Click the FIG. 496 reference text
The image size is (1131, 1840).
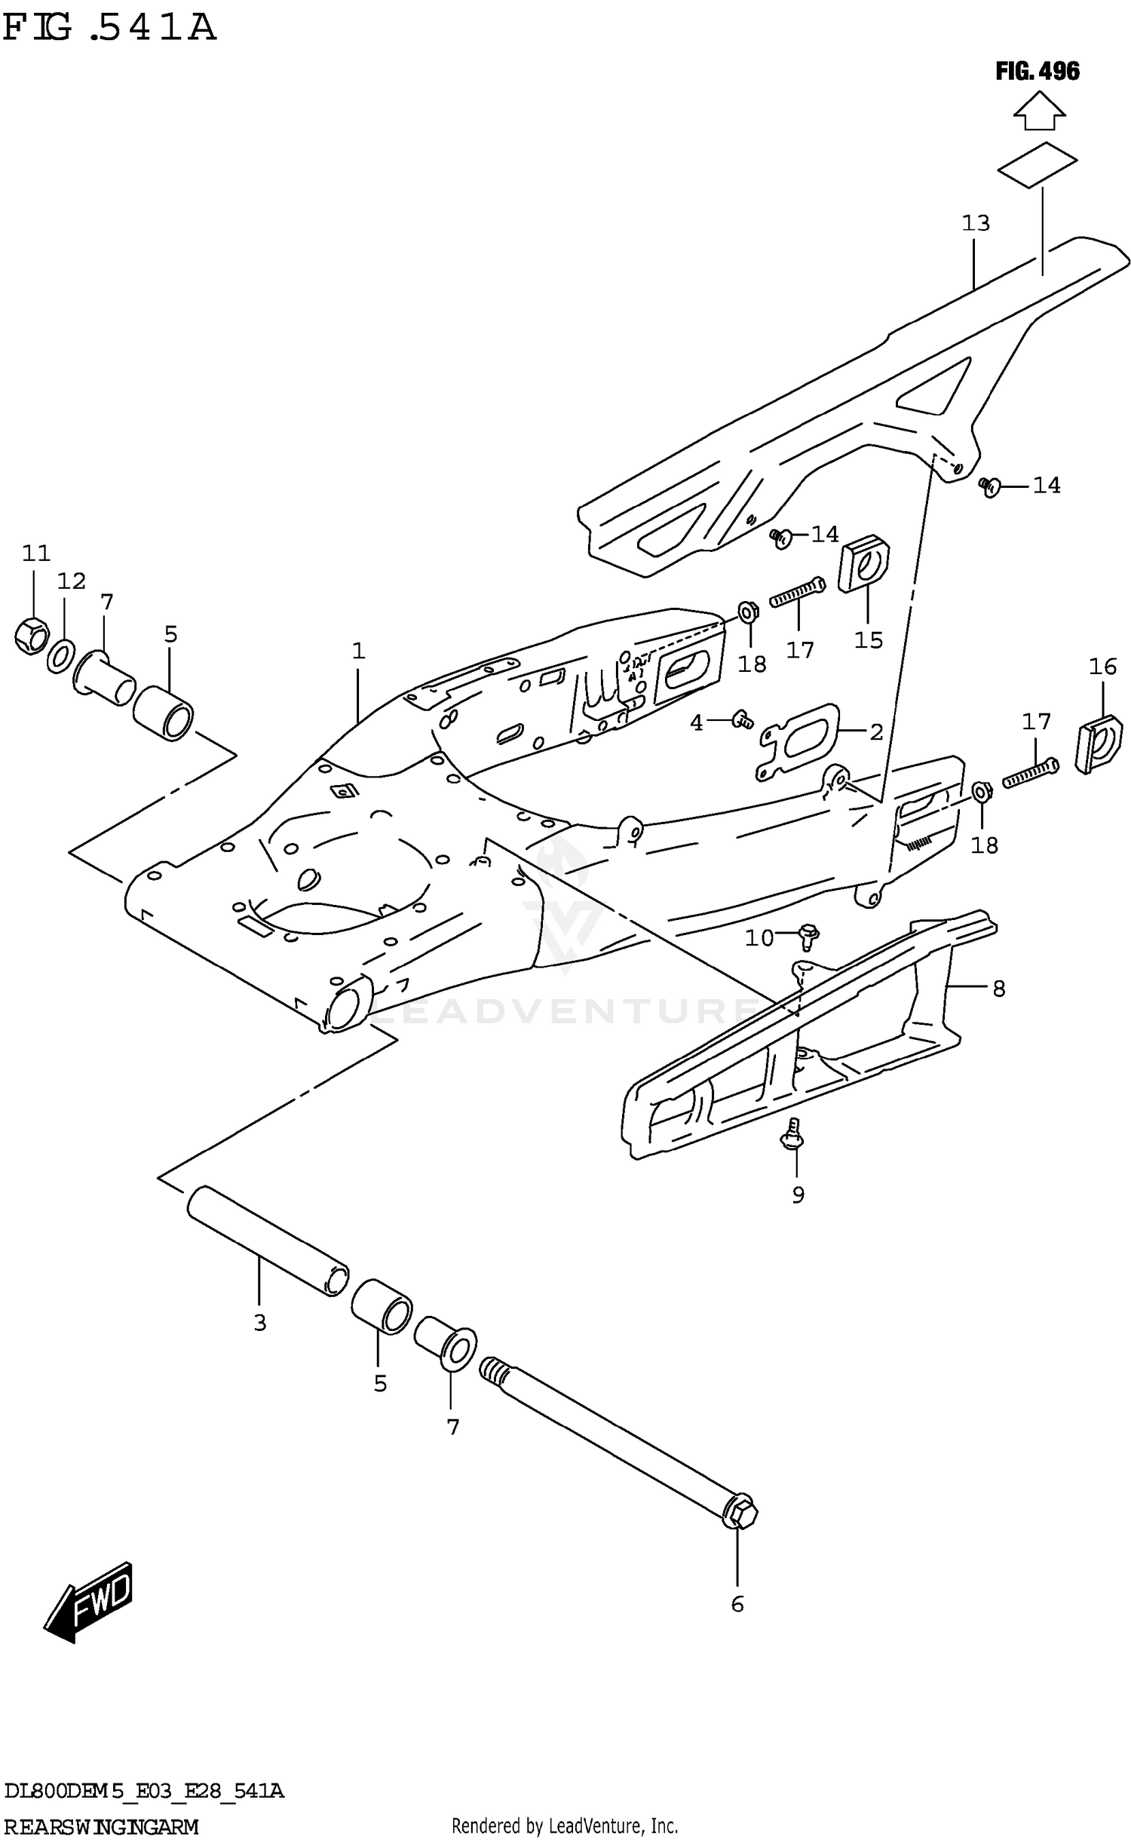pyautogui.click(x=1037, y=72)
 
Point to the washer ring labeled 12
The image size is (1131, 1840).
pyautogui.click(x=61, y=655)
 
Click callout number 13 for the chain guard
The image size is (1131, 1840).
pyautogui.click(x=975, y=223)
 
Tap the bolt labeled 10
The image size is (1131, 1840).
pyautogui.click(x=808, y=936)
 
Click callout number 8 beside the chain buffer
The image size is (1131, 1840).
pyautogui.click(x=998, y=989)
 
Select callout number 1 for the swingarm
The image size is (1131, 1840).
pyautogui.click(x=358, y=651)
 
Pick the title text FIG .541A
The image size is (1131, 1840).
pyautogui.click(x=109, y=28)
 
